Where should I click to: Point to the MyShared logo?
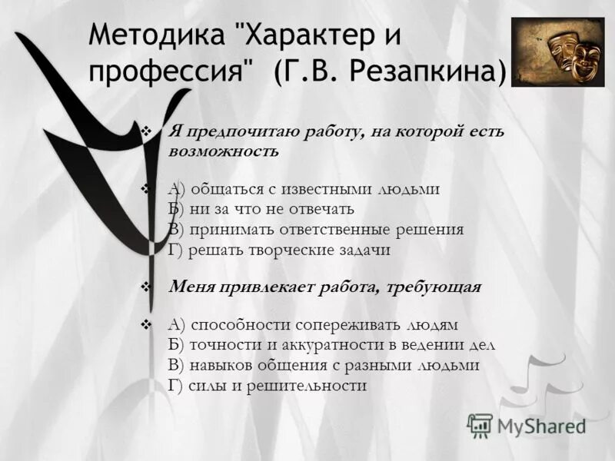click(x=527, y=425)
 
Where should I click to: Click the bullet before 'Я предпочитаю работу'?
click(x=147, y=131)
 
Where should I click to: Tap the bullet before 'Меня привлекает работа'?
click(x=147, y=287)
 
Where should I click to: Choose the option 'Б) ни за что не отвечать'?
click(x=261, y=209)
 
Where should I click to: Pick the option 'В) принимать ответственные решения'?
click(x=315, y=229)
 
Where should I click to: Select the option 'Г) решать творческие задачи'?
click(x=279, y=249)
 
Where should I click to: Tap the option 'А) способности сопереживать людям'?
click(x=312, y=325)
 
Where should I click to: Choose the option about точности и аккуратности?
click(x=331, y=345)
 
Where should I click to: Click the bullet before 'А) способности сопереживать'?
click(x=147, y=325)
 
